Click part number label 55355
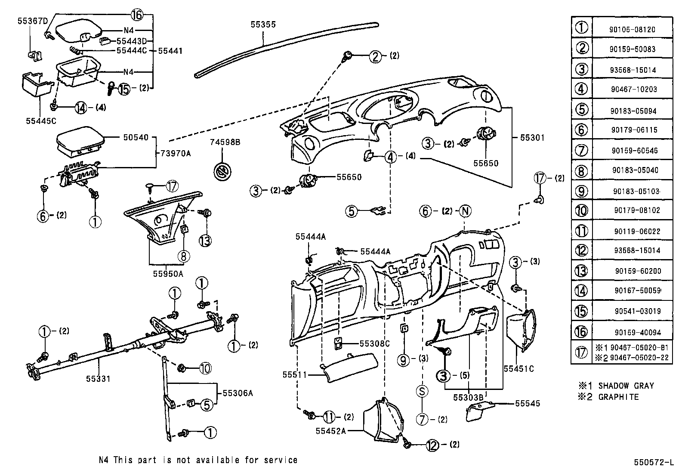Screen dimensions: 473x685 pyautogui.click(x=263, y=25)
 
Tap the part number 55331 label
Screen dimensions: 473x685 pyautogui.click(x=98, y=378)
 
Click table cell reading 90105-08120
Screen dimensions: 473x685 pyautogui.click(x=632, y=30)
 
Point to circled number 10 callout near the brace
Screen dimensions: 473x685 pyautogui.click(x=205, y=368)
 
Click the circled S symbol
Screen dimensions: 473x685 pyautogui.click(x=423, y=391)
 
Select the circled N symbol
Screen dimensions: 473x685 pyautogui.click(x=465, y=211)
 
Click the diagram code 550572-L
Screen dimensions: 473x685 pyautogui.click(x=653, y=463)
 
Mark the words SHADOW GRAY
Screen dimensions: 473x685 pyautogui.click(x=626, y=386)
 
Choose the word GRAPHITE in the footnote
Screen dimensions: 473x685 pyautogui.click(x=618, y=397)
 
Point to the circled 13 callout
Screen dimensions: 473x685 pyautogui.click(x=206, y=240)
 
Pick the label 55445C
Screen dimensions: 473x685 pyautogui.click(x=41, y=121)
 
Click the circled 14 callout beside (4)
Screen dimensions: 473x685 pyautogui.click(x=80, y=108)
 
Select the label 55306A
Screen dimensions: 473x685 pyautogui.click(x=238, y=393)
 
